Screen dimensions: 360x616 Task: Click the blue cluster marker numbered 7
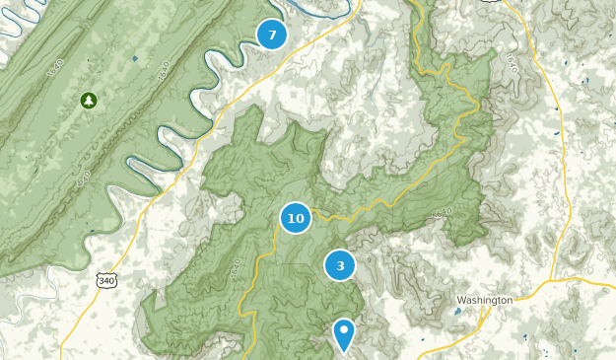click(x=272, y=35)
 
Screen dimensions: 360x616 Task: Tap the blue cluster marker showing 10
click(x=295, y=218)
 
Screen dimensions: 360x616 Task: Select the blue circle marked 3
click(x=340, y=265)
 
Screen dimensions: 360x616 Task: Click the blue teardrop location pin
click(x=344, y=333)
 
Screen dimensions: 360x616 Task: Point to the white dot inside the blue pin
click(x=344, y=329)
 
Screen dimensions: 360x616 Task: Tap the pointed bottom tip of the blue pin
click(x=344, y=352)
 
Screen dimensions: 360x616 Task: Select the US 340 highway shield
click(x=105, y=281)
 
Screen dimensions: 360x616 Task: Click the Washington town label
click(x=485, y=300)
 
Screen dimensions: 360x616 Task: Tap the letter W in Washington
click(x=462, y=300)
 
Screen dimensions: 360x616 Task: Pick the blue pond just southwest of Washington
click(x=456, y=312)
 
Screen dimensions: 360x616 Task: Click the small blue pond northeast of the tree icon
click(x=135, y=59)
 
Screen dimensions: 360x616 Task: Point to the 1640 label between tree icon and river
click(x=164, y=72)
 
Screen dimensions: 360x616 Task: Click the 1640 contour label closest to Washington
click(x=441, y=212)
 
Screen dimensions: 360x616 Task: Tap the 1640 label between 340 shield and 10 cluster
click(x=234, y=266)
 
